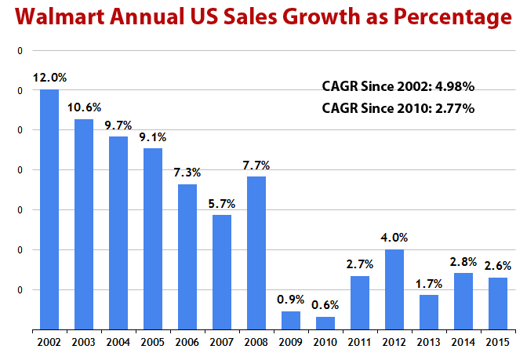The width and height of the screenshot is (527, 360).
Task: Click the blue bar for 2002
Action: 49,209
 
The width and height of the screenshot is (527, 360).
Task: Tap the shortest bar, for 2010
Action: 325,323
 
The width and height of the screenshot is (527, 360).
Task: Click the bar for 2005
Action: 153,238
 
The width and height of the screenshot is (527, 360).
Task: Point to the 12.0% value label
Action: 49,78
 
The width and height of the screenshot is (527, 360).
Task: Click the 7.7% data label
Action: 256,165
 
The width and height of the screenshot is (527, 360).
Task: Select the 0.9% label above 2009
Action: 291,299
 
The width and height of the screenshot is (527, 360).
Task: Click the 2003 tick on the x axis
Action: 84,342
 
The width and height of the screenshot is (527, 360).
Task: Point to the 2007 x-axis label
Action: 222,342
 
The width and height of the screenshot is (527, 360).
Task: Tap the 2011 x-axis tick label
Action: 360,342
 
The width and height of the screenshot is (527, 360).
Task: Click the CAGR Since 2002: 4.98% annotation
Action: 398,85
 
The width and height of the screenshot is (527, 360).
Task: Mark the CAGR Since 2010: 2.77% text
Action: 398,108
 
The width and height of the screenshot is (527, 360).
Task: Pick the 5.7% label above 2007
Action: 222,203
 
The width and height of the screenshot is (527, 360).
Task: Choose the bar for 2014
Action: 463,301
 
